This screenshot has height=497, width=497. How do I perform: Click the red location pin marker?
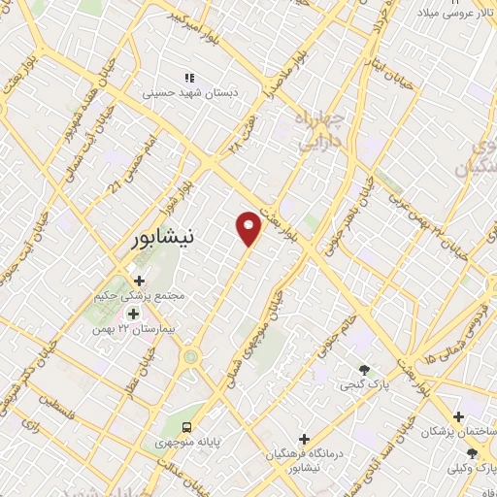pos(249,228)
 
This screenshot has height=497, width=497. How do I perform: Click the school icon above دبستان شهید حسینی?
pos(190,77)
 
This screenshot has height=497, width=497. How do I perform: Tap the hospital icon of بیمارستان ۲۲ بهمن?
pos(133,314)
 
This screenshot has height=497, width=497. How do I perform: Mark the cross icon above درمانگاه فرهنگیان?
pos(305,439)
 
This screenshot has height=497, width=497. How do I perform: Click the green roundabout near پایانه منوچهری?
pos(190,356)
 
